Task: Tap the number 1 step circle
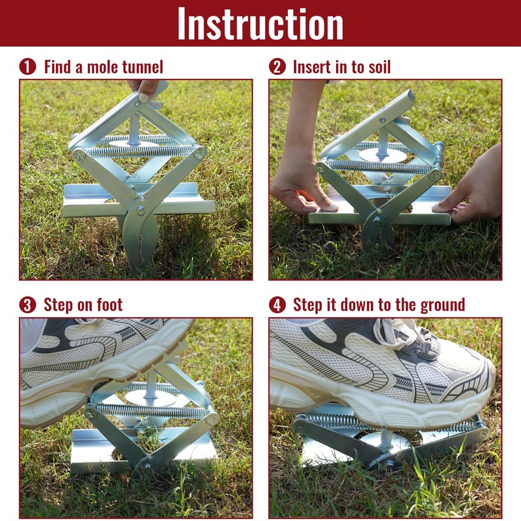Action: click(27, 66)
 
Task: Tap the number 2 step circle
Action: click(277, 66)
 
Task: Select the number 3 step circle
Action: click(27, 305)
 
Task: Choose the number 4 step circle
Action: click(277, 305)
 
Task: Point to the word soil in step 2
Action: click(376, 66)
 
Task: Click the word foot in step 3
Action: click(108, 305)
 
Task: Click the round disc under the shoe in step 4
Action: click(384, 443)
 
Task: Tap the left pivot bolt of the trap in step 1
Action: click(79, 155)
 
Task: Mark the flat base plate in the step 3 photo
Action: click(98, 449)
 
